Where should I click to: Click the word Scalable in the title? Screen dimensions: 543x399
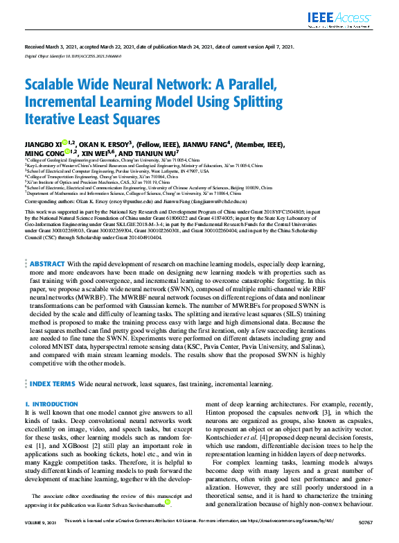(x=53, y=87)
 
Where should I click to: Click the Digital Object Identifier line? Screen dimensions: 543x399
(x=69, y=55)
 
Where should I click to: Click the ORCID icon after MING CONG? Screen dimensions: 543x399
(x=67, y=153)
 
